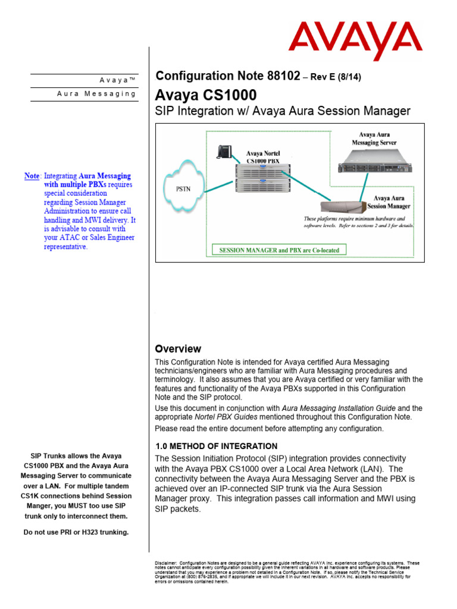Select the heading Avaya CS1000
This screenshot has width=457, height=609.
(206, 95)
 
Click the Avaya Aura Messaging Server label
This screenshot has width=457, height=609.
(374, 139)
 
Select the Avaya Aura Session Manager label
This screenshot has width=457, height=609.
(391, 202)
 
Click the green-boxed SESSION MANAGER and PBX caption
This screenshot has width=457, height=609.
(279, 250)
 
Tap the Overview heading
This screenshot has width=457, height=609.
(178, 349)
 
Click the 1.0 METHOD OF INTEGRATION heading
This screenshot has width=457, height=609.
(216, 446)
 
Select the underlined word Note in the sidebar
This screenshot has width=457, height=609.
(32, 176)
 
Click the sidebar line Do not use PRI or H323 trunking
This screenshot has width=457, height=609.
(76, 532)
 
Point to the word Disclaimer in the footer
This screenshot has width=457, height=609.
(165, 563)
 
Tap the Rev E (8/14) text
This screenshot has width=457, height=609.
(334, 77)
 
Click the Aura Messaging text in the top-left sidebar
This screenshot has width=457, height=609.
(96, 94)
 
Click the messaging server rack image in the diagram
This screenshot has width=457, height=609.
(375, 161)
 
